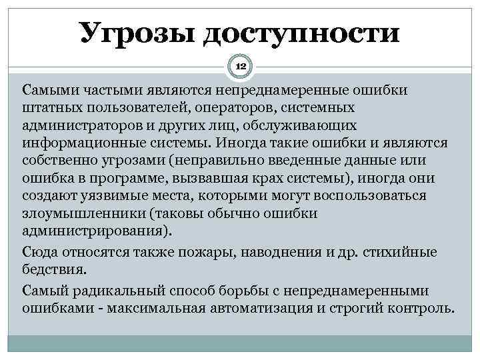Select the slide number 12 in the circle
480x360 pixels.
click(240, 67)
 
